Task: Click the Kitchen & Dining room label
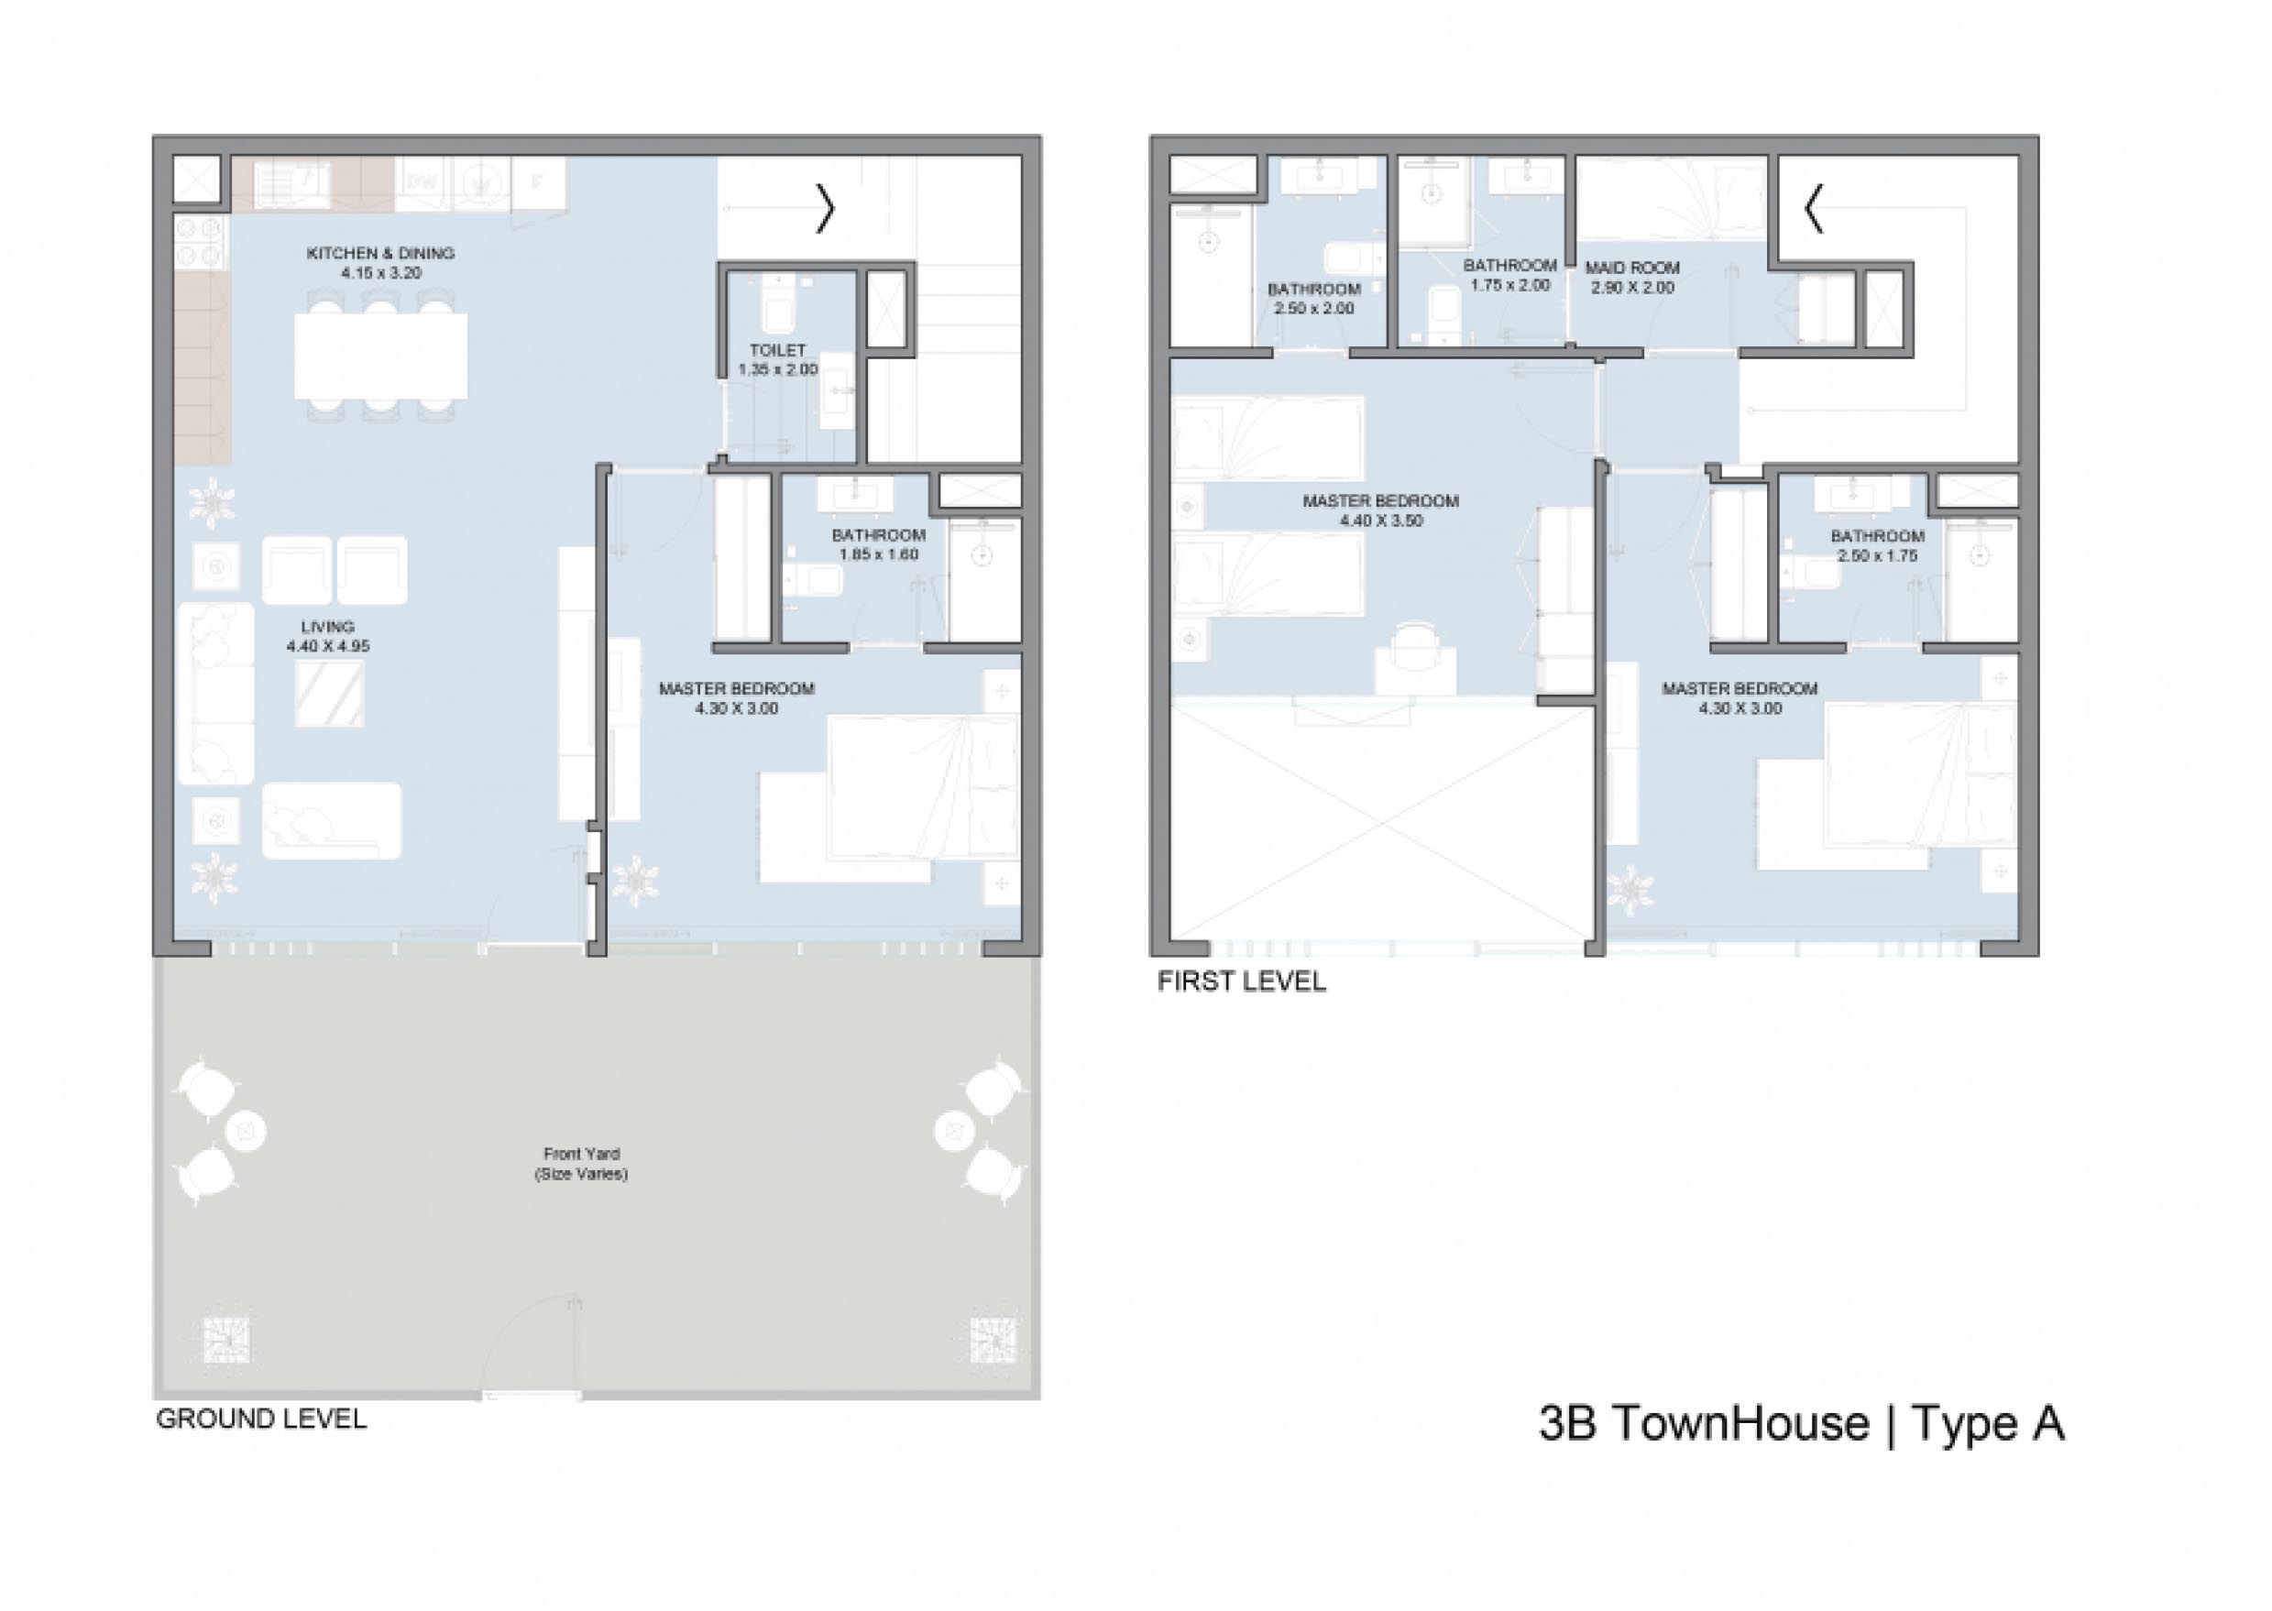[x=381, y=253]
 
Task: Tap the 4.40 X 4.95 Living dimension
[x=328, y=647]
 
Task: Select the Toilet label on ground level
[x=778, y=350]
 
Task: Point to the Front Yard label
[x=581, y=1154]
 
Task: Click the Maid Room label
[x=1632, y=268]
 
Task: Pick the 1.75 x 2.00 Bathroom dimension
[x=1509, y=285]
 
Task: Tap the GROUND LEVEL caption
[x=261, y=1419]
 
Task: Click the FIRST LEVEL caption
[x=1241, y=982]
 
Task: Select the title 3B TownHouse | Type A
[x=1801, y=1422]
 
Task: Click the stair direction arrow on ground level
[x=826, y=209]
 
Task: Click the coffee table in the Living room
[x=329, y=694]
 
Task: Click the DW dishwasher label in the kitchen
[x=421, y=183]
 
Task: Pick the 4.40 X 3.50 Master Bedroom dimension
[x=1381, y=520]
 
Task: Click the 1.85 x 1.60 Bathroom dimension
[x=878, y=554]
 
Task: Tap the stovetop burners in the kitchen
[x=203, y=242]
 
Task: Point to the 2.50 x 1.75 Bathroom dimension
[x=1877, y=555]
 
